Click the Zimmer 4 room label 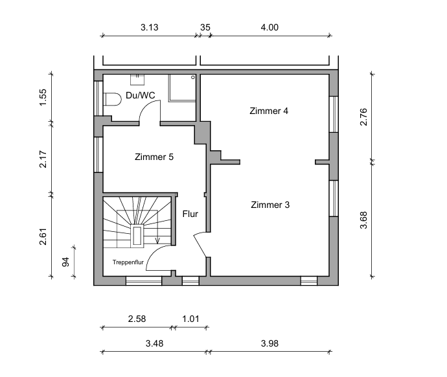pyautogui.click(x=269, y=111)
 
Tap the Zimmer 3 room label pyautogui.click(x=270, y=205)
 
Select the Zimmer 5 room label pyautogui.click(x=154, y=157)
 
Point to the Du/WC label pyautogui.click(x=141, y=95)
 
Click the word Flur pyautogui.click(x=190, y=214)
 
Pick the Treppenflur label pyautogui.click(x=128, y=262)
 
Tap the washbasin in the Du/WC pyautogui.click(x=137, y=80)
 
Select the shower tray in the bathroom pyautogui.click(x=182, y=87)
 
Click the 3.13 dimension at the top pyautogui.click(x=150, y=28)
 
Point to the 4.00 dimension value pyautogui.click(x=269, y=28)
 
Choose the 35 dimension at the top pyautogui.click(x=205, y=28)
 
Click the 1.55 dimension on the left pyautogui.click(x=43, y=97)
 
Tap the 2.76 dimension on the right pyautogui.click(x=363, y=117)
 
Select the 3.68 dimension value pyautogui.click(x=363, y=220)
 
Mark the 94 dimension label pyautogui.click(x=65, y=262)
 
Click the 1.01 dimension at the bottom pyautogui.click(x=190, y=319)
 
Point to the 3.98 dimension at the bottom pyautogui.click(x=269, y=344)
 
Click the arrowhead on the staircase pyautogui.click(x=157, y=241)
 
